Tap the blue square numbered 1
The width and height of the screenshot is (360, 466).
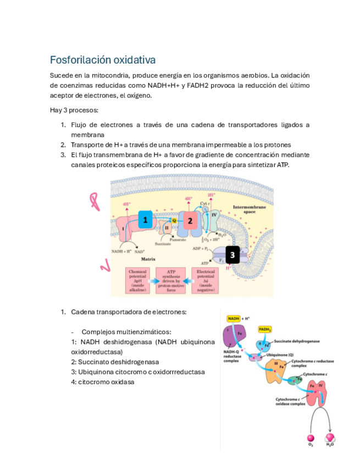pos(145,221)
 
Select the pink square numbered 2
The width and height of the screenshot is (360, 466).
pos(190,221)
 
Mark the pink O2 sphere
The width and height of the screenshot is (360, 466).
pos(311,438)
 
